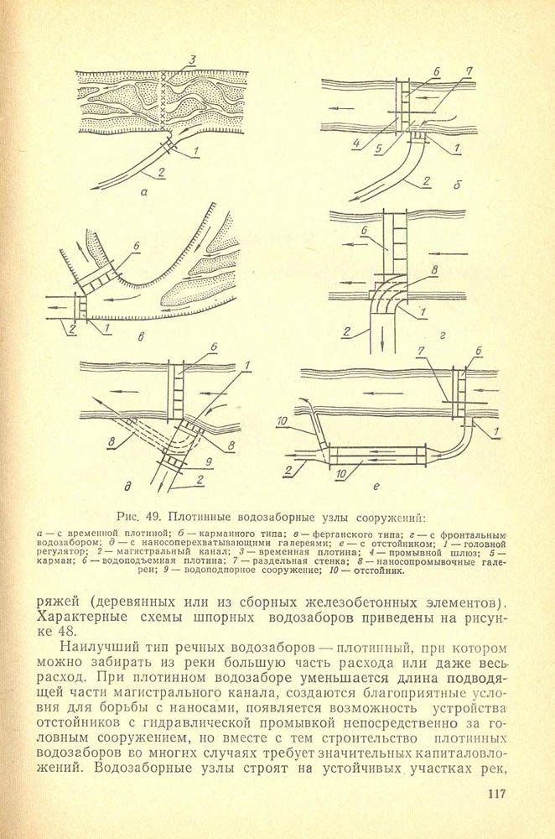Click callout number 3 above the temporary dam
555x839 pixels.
pos(192,60)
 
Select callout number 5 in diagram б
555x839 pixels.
pos(377,148)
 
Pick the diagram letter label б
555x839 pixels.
pos(459,184)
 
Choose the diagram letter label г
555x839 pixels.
pos(442,334)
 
